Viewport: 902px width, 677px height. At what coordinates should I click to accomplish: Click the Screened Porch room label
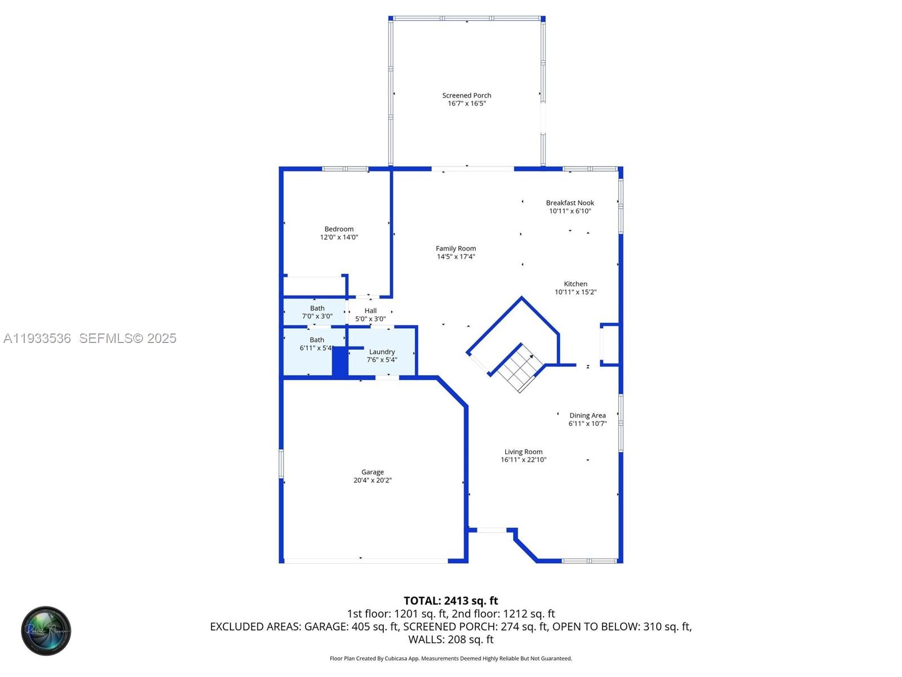click(x=466, y=95)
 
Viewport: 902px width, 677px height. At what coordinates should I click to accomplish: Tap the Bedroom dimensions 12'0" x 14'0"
click(x=339, y=238)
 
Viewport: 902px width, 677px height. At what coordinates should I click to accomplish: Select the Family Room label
click(x=456, y=248)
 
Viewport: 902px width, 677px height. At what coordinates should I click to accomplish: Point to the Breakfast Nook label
click(x=570, y=203)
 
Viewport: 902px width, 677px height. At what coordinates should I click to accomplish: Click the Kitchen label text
click(x=575, y=284)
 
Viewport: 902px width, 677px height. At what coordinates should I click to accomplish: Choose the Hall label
click(x=370, y=311)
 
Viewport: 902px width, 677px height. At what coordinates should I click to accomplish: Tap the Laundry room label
click(x=382, y=351)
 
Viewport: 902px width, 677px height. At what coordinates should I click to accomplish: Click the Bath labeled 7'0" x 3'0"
click(x=317, y=312)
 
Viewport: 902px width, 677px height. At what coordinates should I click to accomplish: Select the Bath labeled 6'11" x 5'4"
click(x=316, y=344)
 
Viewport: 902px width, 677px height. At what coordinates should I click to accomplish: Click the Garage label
click(x=372, y=472)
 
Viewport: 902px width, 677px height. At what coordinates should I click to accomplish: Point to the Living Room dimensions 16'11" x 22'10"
click(x=523, y=460)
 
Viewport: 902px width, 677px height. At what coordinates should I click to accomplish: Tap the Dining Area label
click(x=587, y=415)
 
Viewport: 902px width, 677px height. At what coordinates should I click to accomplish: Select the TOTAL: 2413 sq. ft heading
click(x=450, y=601)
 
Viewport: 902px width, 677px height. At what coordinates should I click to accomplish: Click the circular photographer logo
click(x=46, y=631)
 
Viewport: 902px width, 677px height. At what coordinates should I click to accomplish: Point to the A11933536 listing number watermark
click(x=37, y=338)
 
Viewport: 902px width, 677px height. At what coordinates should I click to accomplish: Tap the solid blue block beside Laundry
click(x=340, y=362)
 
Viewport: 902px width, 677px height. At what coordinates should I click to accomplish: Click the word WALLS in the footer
click(x=426, y=639)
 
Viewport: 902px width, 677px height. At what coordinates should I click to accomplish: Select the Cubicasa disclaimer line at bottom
click(x=450, y=658)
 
